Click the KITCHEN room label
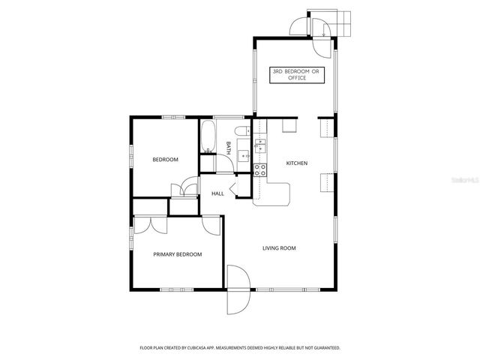click(x=297, y=163)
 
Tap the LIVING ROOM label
click(x=278, y=248)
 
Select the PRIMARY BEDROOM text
click(x=178, y=254)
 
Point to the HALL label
click(x=217, y=193)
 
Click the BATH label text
click(x=228, y=147)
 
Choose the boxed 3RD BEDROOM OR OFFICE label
click(x=295, y=74)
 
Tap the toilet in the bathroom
click(x=242, y=132)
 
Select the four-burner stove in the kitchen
click(x=260, y=170)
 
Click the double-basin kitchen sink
click(x=260, y=145)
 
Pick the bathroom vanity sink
click(x=244, y=156)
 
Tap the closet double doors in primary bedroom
click(x=143, y=226)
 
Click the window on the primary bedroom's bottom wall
click(x=178, y=289)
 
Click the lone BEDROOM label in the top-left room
click(x=165, y=160)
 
